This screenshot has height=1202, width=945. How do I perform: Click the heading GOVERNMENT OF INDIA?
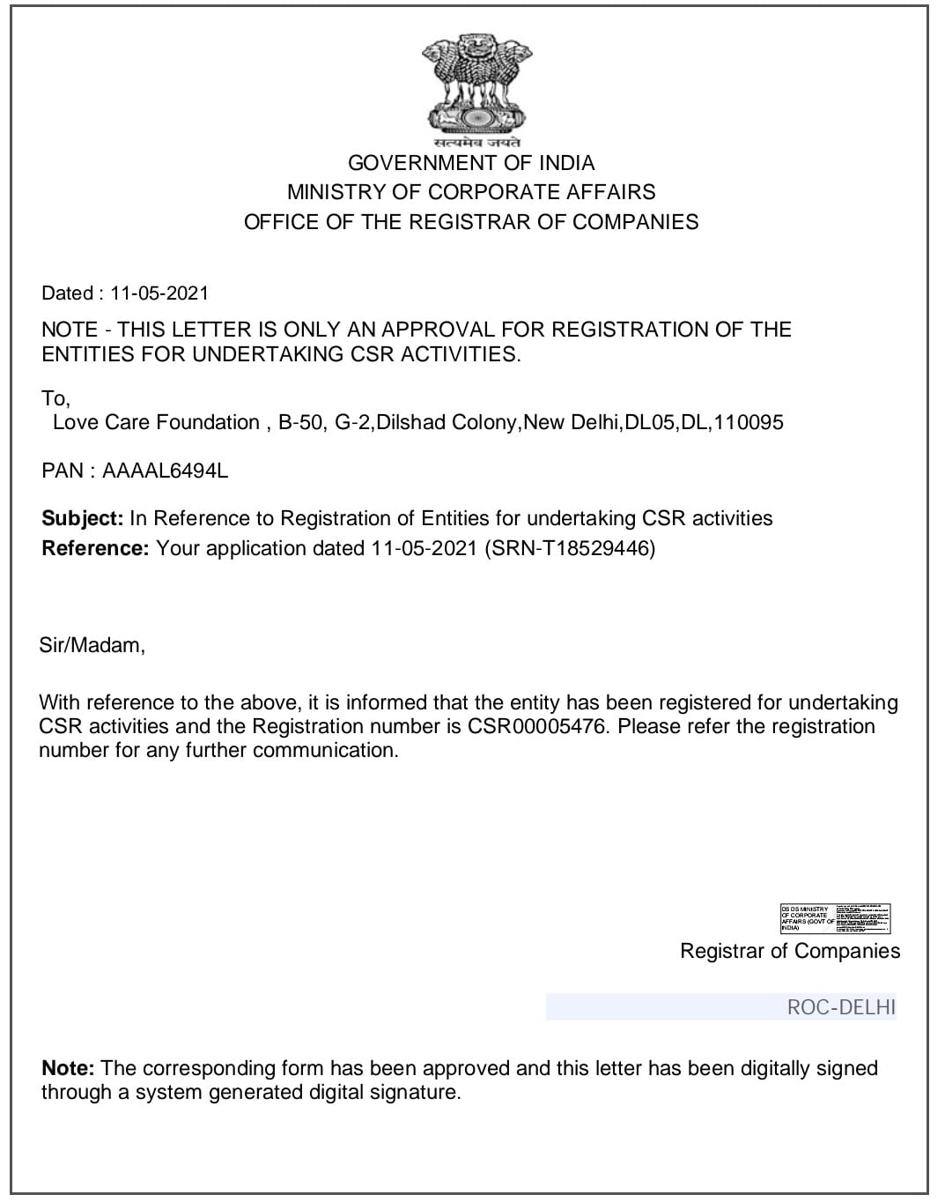pos(471,163)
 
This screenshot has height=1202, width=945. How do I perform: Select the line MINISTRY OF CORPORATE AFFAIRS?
pos(471,192)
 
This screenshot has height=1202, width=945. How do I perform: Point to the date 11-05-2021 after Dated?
pos(159,293)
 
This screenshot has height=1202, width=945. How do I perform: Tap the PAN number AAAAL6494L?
pos(166,471)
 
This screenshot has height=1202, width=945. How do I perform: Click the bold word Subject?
pos(83,518)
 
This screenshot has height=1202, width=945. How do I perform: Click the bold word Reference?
pos(96,548)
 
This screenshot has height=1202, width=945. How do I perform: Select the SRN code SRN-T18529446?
pos(570,548)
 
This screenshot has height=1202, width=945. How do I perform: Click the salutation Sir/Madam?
pos(92,645)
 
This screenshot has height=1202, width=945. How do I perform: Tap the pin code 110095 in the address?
pos(749,422)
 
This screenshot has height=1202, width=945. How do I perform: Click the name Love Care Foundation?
pos(156,422)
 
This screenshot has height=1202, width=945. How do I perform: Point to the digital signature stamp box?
pos(835,918)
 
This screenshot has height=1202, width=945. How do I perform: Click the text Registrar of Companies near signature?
pos(790,951)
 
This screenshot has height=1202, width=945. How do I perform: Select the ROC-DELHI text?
pos(841,1006)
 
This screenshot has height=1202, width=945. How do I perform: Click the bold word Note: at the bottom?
pos(68,1068)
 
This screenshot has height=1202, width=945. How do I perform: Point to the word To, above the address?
pos(55,398)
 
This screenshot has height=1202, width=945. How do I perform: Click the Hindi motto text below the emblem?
pos(476,142)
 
